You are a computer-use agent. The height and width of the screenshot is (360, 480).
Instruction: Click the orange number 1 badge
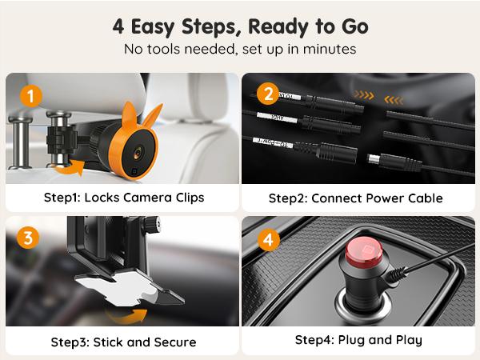[29, 96]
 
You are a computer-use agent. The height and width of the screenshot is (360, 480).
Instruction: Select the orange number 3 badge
[29, 238]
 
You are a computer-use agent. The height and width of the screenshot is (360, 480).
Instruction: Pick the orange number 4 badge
[267, 238]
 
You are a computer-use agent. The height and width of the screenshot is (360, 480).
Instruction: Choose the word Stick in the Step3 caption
[108, 342]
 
